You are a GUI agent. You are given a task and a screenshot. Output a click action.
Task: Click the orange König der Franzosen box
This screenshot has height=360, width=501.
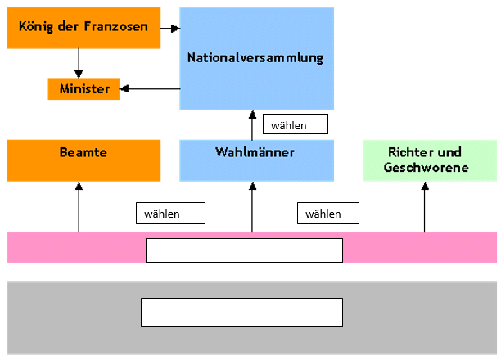pos(82,27)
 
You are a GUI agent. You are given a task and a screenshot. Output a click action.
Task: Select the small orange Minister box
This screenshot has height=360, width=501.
pos(84,88)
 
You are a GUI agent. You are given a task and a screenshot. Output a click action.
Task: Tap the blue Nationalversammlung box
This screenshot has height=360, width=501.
pos(255,58)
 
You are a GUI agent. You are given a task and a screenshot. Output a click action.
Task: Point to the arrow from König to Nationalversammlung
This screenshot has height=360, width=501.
pos(169,28)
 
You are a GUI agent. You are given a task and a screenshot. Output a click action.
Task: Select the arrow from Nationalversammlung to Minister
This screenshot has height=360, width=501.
pos(150,88)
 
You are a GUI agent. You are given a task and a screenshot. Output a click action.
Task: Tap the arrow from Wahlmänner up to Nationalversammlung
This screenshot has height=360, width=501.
pos(252,125)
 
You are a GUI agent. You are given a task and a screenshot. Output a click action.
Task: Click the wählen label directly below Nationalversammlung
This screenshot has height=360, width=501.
pos(295,124)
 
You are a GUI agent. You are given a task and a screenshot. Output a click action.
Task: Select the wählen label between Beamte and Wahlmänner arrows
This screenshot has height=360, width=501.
pos(169,214)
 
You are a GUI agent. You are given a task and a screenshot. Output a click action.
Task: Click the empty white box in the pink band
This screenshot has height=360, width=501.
pos(244,250)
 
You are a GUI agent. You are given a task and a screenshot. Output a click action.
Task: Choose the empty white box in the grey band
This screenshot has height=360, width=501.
pos(241,312)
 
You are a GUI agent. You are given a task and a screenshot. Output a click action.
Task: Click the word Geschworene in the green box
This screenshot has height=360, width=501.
pos(426,168)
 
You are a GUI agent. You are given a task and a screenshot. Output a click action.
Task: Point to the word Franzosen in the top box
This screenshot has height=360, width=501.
pos(115,26)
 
